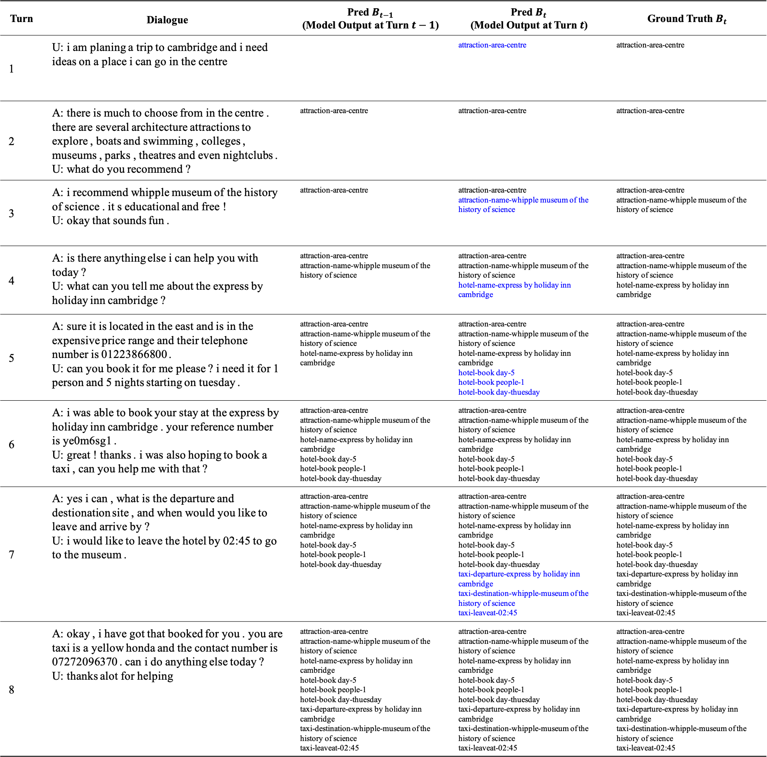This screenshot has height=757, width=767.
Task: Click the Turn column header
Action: tap(22, 19)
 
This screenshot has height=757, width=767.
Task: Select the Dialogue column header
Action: tap(167, 20)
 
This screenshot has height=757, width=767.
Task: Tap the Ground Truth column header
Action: tap(687, 19)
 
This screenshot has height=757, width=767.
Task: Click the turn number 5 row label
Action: tap(12, 358)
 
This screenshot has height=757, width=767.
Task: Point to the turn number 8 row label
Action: tap(12, 690)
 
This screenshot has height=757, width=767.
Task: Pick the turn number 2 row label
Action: tap(12, 141)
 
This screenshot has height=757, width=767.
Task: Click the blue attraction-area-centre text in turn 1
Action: tap(492, 45)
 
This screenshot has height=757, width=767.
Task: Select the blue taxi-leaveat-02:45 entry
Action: tap(488, 613)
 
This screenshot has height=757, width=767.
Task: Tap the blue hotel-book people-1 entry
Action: tap(491, 382)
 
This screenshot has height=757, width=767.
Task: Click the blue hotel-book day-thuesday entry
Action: tap(499, 392)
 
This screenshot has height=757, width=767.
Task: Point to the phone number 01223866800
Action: tap(134, 355)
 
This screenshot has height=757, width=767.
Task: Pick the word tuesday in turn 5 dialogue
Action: tap(217, 383)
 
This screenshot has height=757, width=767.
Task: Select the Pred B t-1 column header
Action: tap(370, 19)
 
